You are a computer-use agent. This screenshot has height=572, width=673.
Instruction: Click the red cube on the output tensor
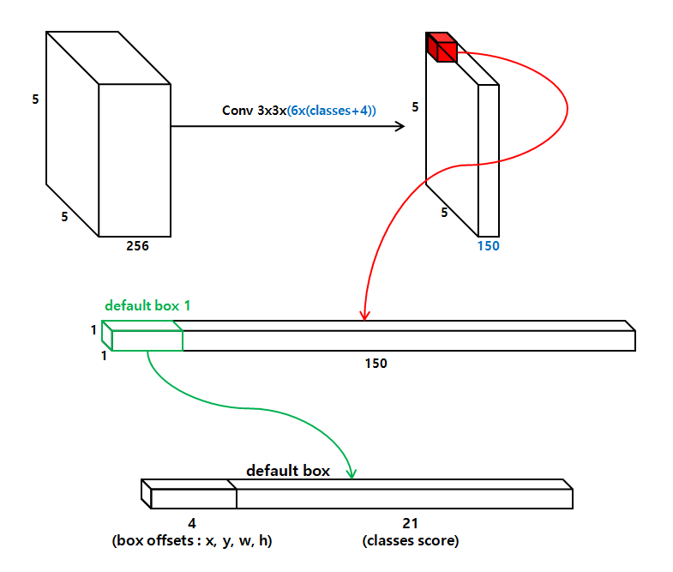point(442,48)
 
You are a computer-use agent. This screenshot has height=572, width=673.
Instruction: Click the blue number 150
point(489,246)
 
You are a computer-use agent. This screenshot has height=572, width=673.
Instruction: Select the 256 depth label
point(137,246)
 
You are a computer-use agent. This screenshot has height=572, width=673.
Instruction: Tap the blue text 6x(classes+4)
point(332,111)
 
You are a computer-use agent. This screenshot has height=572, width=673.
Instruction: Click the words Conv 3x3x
point(254,111)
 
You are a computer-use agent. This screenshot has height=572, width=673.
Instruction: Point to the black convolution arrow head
point(400,127)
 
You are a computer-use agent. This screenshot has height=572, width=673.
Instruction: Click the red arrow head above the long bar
point(365,315)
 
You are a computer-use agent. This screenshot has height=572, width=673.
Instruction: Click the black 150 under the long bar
point(376,363)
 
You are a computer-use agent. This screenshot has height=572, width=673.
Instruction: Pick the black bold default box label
point(288,471)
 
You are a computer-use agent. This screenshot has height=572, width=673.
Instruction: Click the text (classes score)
point(410,541)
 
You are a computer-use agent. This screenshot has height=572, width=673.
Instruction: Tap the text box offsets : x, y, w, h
point(192,541)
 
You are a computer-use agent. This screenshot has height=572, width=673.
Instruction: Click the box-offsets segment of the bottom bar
point(193,498)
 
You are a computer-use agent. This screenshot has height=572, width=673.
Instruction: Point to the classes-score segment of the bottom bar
point(403,498)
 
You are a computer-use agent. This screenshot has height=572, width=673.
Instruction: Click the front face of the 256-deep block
point(135,160)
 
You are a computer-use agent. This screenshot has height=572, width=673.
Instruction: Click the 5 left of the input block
point(35,99)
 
